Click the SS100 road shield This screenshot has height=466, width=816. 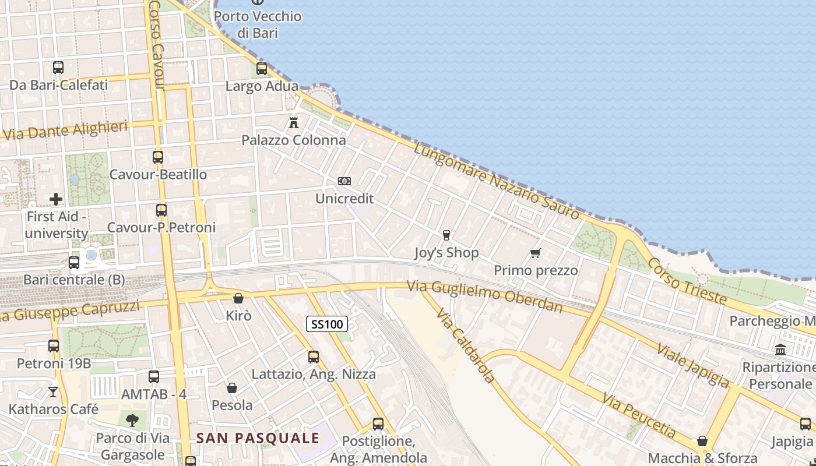pyautogui.click(x=327, y=324)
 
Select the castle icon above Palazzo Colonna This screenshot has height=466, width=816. pyautogui.click(x=294, y=123)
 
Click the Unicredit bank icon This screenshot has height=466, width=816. pyautogui.click(x=344, y=181)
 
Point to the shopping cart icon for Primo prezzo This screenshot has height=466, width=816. pyautogui.click(x=536, y=253)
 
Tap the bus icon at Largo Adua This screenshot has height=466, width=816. pyautogui.click(x=262, y=69)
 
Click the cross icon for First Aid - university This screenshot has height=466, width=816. pyautogui.click(x=56, y=199)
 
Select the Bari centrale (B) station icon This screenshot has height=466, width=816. pyautogui.click(x=74, y=263)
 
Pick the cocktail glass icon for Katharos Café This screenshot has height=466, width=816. pyautogui.click(x=53, y=392)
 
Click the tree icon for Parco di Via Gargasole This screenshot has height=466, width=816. pyautogui.click(x=132, y=420)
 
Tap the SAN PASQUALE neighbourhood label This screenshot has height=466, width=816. pyautogui.click(x=258, y=438)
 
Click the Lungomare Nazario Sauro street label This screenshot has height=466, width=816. pyautogui.click(x=497, y=181)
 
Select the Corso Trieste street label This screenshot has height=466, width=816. pyautogui.click(x=687, y=281)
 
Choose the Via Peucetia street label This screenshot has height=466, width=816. pyautogui.click(x=639, y=415)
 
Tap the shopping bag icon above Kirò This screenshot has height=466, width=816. pyautogui.click(x=238, y=299)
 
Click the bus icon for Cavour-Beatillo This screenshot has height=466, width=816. pyautogui.click(x=158, y=157)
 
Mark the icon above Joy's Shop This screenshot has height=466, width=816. pyautogui.click(x=446, y=235)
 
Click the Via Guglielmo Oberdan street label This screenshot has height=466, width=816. pyautogui.click(x=485, y=296)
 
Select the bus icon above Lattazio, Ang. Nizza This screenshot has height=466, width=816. pyautogui.click(x=314, y=357)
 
